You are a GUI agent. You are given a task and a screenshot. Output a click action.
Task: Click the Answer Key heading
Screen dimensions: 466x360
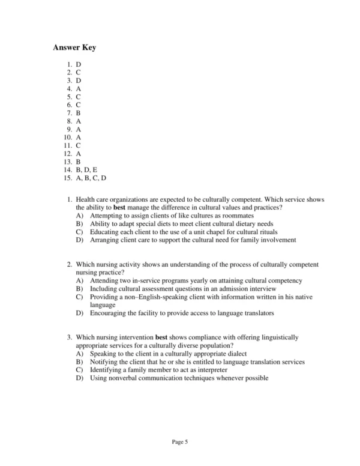74,47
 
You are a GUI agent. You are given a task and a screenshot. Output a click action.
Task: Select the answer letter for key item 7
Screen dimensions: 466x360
79,112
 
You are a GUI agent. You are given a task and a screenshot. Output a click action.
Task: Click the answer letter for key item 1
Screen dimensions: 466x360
79,64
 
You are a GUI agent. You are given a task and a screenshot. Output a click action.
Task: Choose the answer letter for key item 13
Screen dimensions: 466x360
79,162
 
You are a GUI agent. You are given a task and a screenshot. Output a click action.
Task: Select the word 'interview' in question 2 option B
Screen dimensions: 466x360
262,289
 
